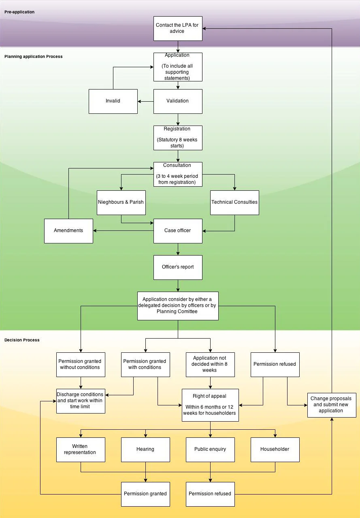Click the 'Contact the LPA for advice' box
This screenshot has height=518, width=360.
click(178, 28)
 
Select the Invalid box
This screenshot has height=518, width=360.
click(113, 101)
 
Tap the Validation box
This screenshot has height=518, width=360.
click(178, 101)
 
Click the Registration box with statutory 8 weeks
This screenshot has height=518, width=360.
click(178, 138)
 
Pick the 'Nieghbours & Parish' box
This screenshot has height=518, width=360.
click(121, 203)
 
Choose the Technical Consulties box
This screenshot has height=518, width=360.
click(234, 203)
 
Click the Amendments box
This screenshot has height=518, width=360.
click(68, 231)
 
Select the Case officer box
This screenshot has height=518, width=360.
click(178, 231)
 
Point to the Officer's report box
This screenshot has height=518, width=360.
click(178, 267)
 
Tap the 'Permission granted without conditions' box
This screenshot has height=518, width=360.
click(81, 365)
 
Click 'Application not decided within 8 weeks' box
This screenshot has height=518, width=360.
click(210, 365)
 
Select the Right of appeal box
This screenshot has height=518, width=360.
click(210, 405)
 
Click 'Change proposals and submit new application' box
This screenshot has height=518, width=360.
click(332, 405)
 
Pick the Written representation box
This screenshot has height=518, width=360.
click(81, 450)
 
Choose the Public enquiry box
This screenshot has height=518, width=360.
click(210, 450)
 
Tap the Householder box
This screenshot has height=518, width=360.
click(275, 450)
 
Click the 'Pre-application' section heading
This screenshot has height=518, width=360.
click(19, 12)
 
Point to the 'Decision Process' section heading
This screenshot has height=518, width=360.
click(22, 340)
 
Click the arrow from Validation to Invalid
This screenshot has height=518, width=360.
click(145, 101)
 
